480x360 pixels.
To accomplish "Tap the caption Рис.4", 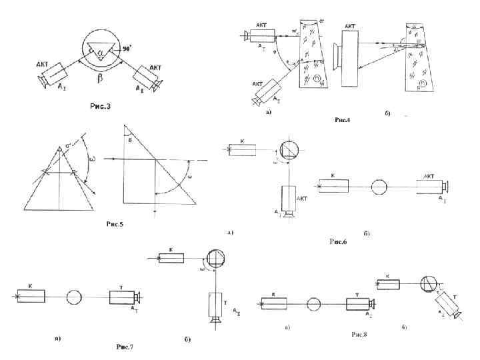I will (x=343, y=120).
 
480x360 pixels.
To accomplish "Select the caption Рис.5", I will (x=114, y=223).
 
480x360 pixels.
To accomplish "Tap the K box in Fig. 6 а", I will (x=241, y=149).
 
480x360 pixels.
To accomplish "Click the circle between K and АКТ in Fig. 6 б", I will (x=379, y=185).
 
